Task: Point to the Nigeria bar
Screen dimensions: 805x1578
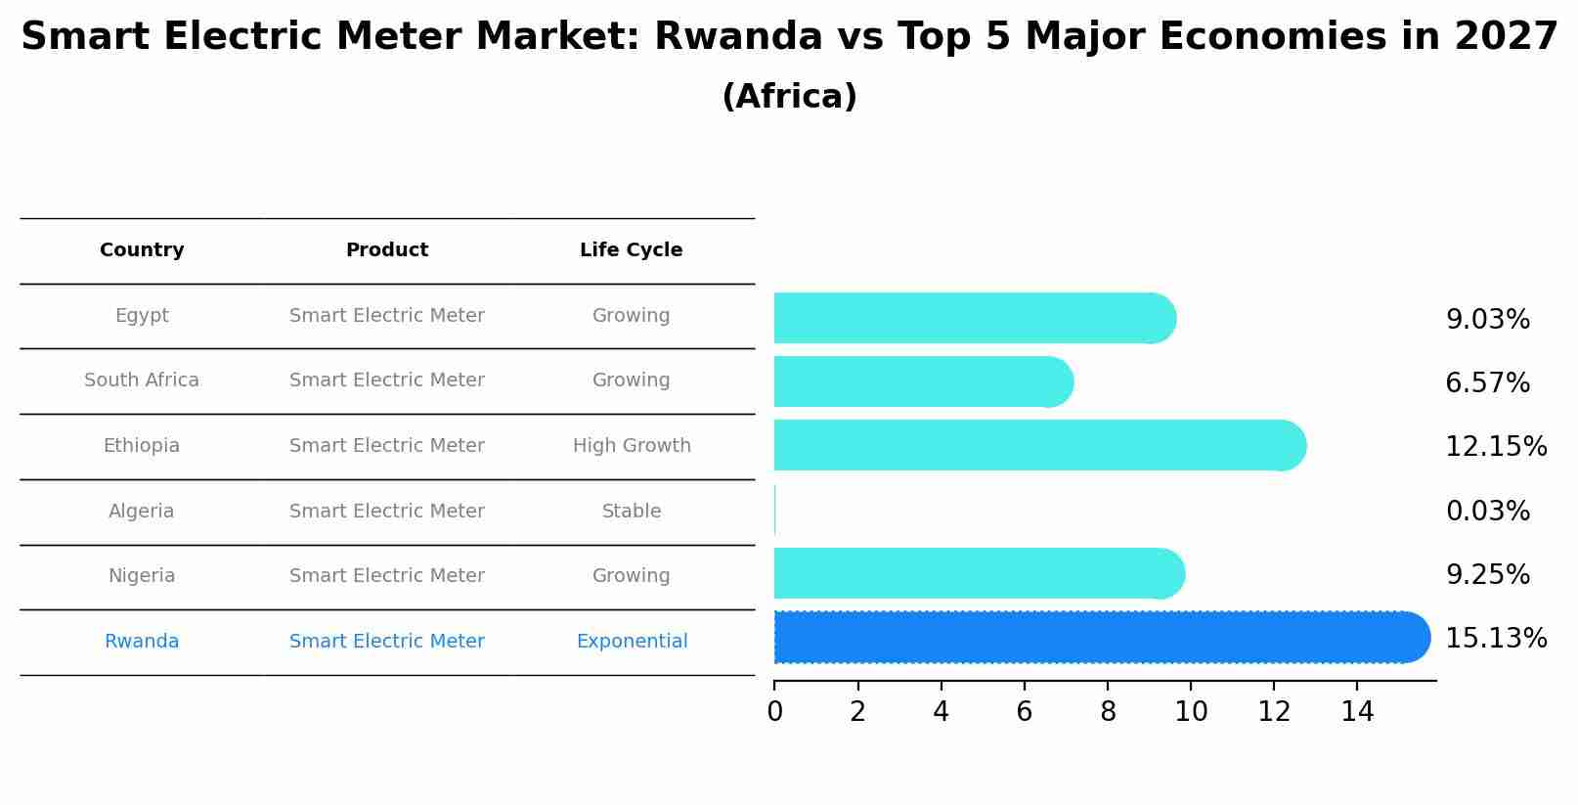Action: [978, 573]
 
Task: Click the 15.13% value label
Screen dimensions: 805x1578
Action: [1496, 639]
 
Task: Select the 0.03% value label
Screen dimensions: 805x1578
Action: [1487, 511]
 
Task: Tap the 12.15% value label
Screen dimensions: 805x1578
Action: [1496, 447]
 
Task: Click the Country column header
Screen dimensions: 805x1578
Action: [142, 250]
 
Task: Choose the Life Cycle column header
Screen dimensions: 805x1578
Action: [631, 250]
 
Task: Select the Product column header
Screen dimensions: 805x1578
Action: [387, 250]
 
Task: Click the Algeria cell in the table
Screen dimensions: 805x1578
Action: [142, 511]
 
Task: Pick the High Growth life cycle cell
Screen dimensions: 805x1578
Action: [632, 446]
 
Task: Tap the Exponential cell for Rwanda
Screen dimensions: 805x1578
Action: [632, 642]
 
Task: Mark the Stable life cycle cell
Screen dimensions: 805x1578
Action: [632, 511]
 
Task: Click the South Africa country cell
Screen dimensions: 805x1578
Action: [142, 380]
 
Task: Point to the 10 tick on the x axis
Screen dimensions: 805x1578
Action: [1191, 712]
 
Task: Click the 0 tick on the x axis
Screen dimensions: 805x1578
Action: [774, 712]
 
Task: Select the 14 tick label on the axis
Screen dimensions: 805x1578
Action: [1357, 712]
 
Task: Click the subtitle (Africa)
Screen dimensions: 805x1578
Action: [789, 97]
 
